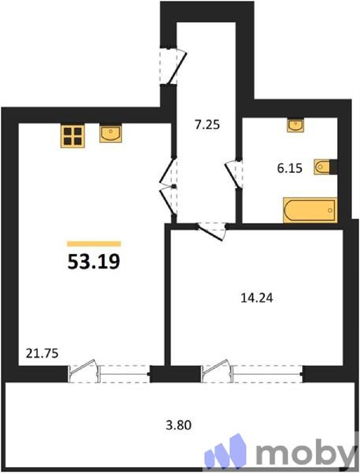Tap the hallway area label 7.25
(207, 125)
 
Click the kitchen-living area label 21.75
(42, 354)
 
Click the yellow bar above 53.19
(94, 244)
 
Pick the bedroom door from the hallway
(210, 232)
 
